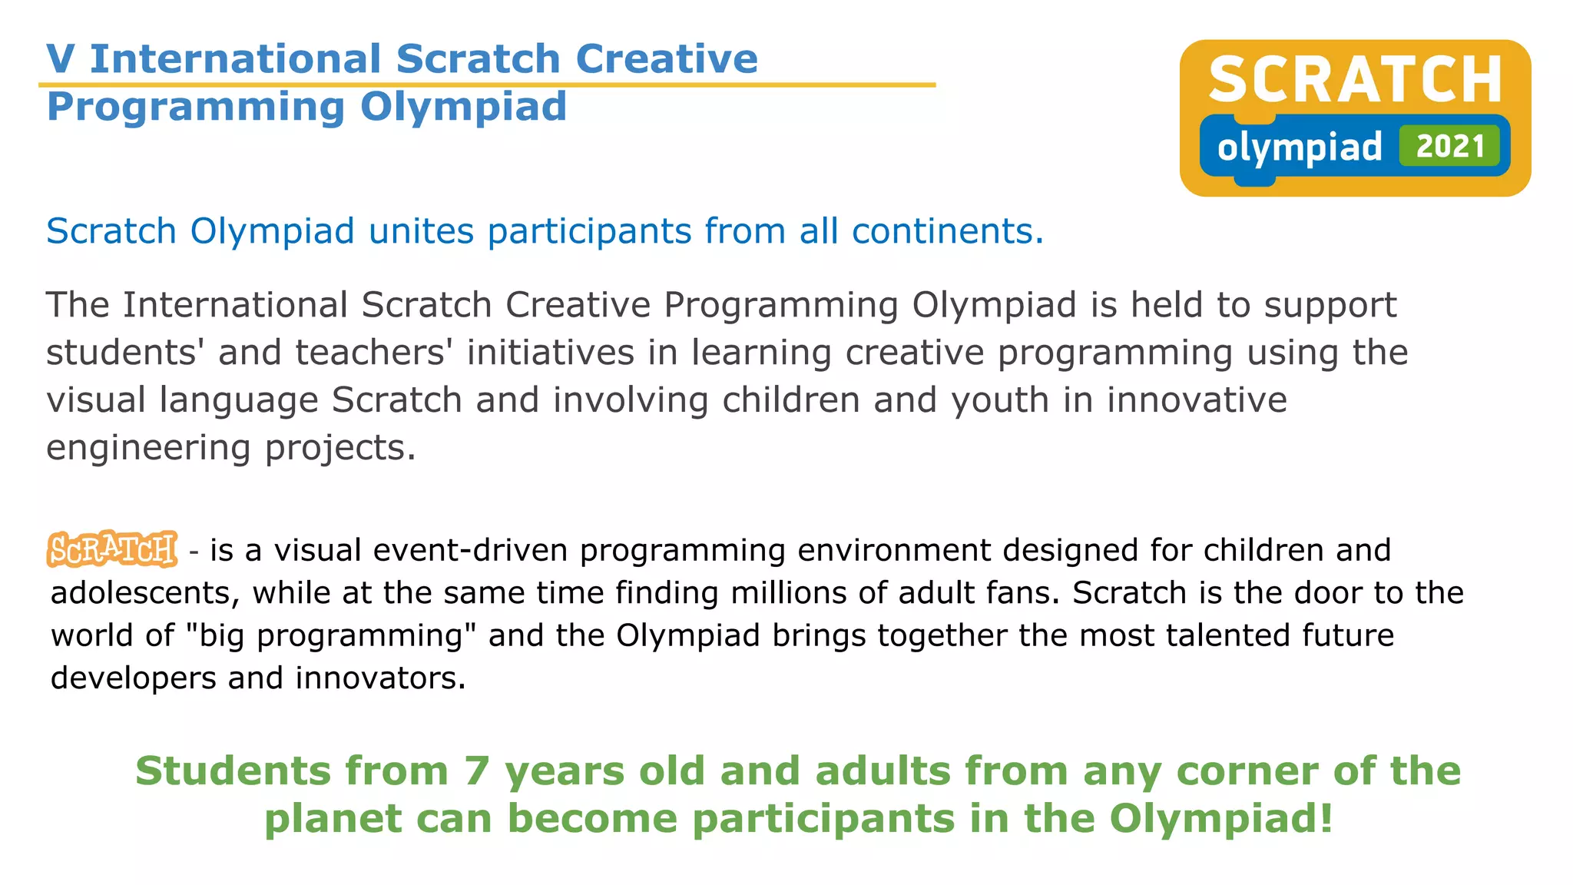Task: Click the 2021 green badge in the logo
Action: pyautogui.click(x=1449, y=146)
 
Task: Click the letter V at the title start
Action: pyautogui.click(x=61, y=59)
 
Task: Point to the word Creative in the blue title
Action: pyautogui.click(x=667, y=59)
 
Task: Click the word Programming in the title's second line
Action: pyautogui.click(x=196, y=108)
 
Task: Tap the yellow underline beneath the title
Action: pyautogui.click(x=487, y=85)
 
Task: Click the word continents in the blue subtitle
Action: pyautogui.click(x=947, y=231)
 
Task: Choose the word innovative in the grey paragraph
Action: pyautogui.click(x=1196, y=400)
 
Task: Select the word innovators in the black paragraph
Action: pyautogui.click(x=380, y=678)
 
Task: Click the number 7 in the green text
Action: pyautogui.click(x=476, y=771)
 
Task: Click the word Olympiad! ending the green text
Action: pyautogui.click(x=1220, y=818)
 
